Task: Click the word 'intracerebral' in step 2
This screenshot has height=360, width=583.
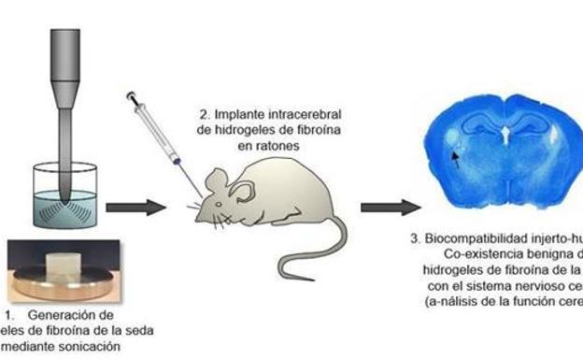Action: (x=280, y=115)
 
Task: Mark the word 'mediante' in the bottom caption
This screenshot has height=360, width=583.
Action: (x=30, y=349)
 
